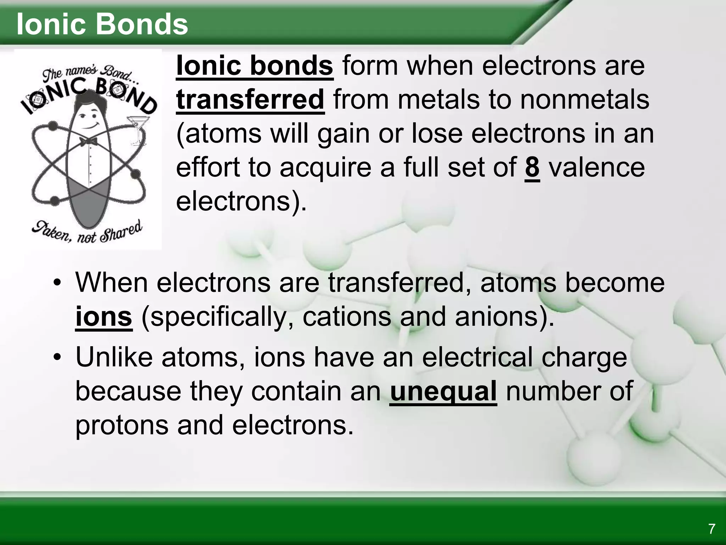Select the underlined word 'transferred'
tap(250, 100)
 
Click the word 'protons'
tap(122, 425)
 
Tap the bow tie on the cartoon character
tap(88, 142)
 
